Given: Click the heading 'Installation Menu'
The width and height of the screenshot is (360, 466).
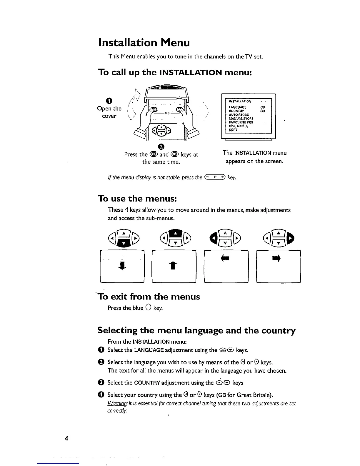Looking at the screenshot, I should click(144, 43).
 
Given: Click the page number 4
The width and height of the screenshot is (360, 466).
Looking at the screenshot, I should click(66, 438).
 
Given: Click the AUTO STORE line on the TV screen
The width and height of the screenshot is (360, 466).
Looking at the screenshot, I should click(239, 115).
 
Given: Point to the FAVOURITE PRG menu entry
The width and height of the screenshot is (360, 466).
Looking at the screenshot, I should click(241, 122).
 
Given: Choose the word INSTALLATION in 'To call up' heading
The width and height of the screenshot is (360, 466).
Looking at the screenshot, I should click(190, 72).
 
